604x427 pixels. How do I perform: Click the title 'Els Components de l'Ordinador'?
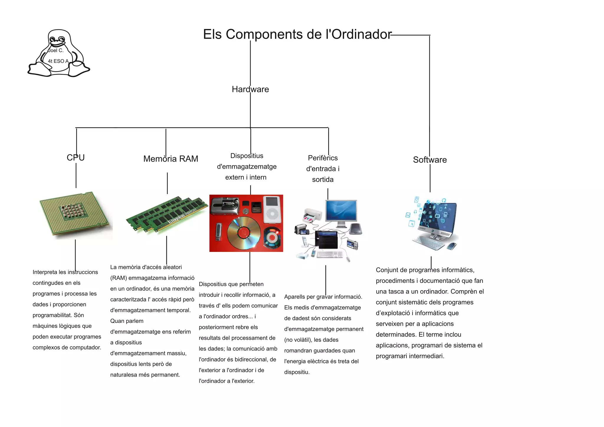pyautogui.click(x=297, y=34)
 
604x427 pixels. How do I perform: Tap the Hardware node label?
pyautogui.click(x=250, y=89)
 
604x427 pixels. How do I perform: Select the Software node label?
pyautogui.click(x=430, y=160)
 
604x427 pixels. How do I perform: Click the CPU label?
pyautogui.click(x=75, y=157)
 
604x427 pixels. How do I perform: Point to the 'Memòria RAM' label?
pyautogui.click(x=170, y=159)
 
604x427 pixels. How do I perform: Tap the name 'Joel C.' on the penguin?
pyautogui.click(x=56, y=50)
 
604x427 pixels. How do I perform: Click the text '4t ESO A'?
pyautogui.click(x=58, y=61)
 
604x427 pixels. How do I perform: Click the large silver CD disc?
pyautogui.click(x=244, y=233)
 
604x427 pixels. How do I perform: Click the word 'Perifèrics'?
pyautogui.click(x=323, y=158)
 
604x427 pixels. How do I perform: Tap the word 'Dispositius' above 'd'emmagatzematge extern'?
pyautogui.click(x=247, y=156)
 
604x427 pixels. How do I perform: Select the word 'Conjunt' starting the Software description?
pyautogui.click(x=387, y=270)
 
